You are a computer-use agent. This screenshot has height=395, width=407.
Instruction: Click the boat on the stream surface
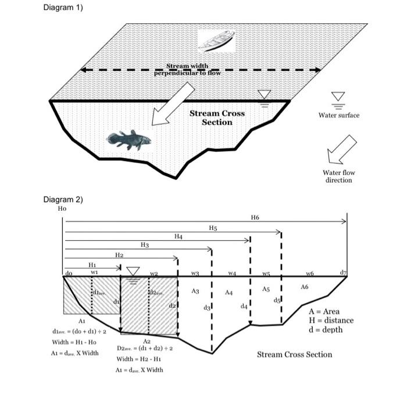[216, 40]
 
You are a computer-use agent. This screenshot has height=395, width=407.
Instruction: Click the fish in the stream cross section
[128, 140]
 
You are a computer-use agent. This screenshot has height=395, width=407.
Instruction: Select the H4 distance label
[178, 237]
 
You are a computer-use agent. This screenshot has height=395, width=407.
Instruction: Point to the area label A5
[266, 289]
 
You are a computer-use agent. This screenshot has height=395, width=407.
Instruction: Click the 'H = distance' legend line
[331, 320]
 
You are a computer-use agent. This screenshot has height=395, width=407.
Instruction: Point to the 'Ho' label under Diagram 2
[62, 208]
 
